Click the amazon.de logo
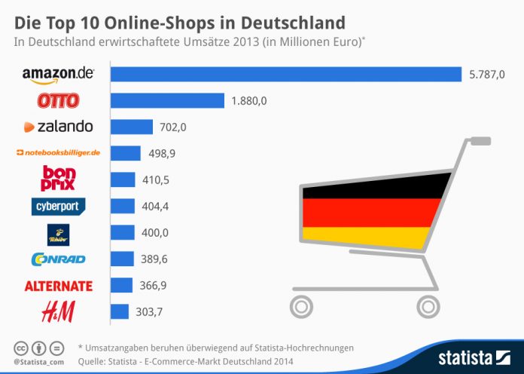[58, 75]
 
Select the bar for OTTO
[167, 100]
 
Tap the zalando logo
[58, 127]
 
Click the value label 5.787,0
[488, 74]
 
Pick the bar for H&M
[119, 311]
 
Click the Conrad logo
[59, 259]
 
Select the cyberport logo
[59, 206]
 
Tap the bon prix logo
[58, 179]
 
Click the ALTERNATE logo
[58, 286]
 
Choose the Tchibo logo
[58, 233]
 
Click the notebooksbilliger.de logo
[58, 153]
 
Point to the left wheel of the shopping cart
[300, 306]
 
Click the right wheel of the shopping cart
[427, 306]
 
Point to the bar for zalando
[131, 127]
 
